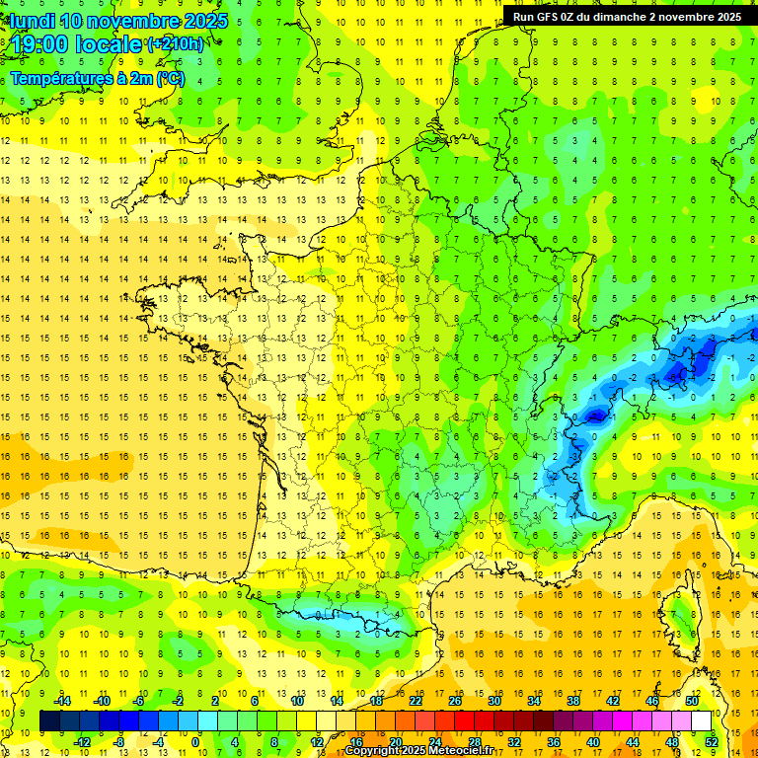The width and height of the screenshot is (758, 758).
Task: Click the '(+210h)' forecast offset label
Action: (176, 43)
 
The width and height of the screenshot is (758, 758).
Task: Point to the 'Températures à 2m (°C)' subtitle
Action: (98, 78)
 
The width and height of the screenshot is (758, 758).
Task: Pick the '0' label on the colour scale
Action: (194, 741)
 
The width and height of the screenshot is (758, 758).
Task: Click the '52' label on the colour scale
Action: (711, 741)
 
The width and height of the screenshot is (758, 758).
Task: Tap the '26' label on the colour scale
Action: (455, 701)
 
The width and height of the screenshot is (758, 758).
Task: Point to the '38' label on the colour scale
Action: (572, 701)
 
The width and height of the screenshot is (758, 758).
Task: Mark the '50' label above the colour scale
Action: (691, 701)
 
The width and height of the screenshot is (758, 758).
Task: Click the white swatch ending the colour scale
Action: (701, 720)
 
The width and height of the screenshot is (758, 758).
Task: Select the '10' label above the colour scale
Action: (297, 701)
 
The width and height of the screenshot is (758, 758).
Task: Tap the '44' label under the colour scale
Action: (632, 741)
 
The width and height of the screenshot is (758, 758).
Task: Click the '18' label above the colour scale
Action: (376, 701)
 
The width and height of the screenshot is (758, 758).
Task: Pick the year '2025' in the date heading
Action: (203, 20)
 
